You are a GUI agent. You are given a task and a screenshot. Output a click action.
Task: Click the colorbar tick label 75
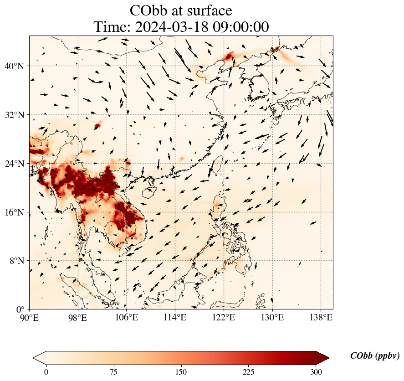113,372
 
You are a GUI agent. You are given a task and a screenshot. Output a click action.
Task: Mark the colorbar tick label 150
181,372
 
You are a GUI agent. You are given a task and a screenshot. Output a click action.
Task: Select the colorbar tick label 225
249,372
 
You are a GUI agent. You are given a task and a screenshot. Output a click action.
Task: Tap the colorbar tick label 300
316,372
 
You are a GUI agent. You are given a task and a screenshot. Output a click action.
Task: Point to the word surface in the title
208,10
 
